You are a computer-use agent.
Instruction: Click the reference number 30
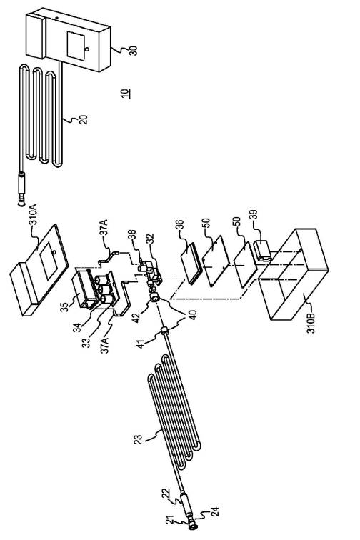[133, 51]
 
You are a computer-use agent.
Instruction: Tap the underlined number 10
[126, 94]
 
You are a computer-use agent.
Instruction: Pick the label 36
[179, 224]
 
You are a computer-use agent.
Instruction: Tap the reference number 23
[138, 440]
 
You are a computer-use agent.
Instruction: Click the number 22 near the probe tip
[166, 498]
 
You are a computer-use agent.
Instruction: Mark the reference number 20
[84, 119]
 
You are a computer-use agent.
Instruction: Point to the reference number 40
[193, 315]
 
